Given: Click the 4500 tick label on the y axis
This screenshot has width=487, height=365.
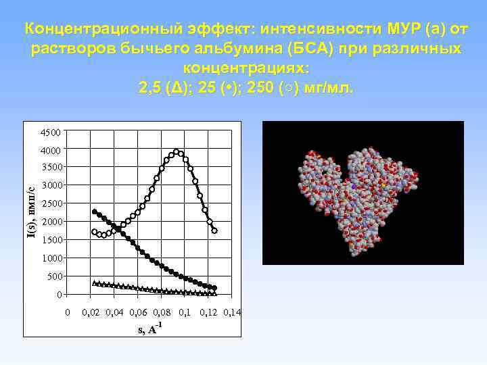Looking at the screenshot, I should [x=51, y=132].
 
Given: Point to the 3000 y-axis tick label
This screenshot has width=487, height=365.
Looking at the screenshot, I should [x=51, y=186].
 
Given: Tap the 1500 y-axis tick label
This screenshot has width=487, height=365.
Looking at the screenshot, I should [x=51, y=241].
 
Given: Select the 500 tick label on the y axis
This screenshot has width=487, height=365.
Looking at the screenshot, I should [x=54, y=277].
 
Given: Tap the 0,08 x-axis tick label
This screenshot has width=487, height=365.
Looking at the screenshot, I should [x=162, y=312].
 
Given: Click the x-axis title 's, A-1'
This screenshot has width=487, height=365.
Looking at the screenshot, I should [x=149, y=328].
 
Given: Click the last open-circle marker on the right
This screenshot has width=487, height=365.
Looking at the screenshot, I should [x=214, y=230].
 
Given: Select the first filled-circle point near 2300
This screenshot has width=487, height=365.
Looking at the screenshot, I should [x=95, y=212].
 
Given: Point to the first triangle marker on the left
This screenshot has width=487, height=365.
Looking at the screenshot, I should [x=95, y=283].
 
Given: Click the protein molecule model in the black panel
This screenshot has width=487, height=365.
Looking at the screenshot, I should [x=358, y=196].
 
